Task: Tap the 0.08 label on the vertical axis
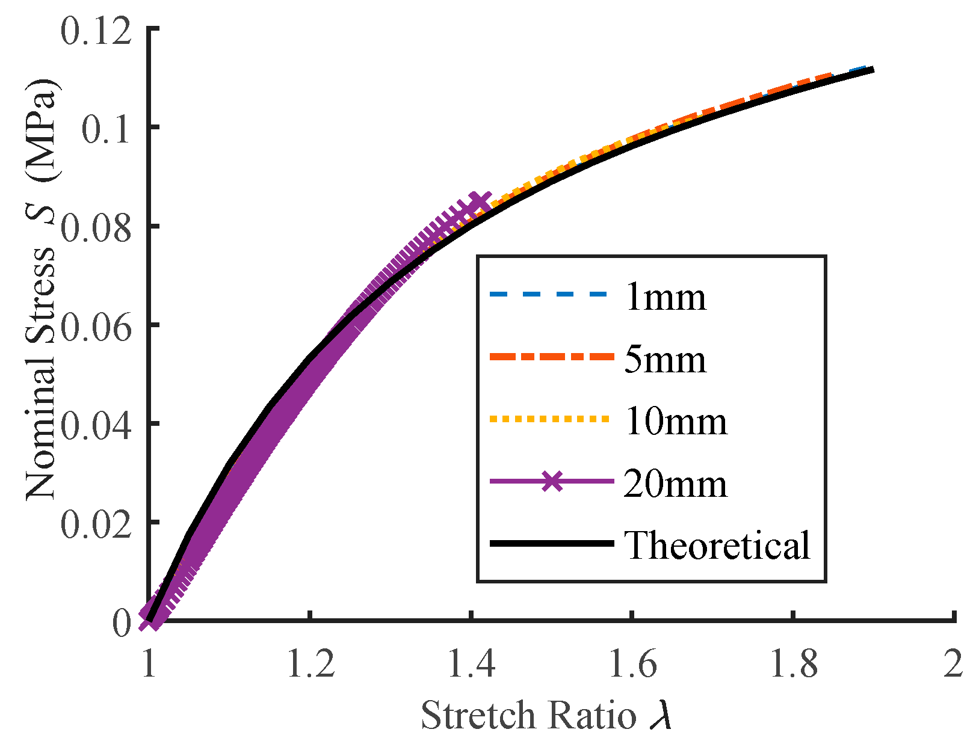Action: click(96, 229)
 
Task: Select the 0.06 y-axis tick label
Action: click(96, 327)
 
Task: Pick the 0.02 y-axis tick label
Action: click(96, 524)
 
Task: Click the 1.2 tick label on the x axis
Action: click(310, 665)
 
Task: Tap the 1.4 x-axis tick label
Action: click(471, 665)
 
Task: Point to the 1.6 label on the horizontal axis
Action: click(632, 665)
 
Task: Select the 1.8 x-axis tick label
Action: click(794, 665)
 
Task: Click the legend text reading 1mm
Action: click(665, 297)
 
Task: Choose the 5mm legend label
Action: click(665, 360)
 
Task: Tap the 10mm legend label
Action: click(676, 422)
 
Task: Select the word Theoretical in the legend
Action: click(717, 545)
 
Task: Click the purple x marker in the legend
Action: click(552, 481)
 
